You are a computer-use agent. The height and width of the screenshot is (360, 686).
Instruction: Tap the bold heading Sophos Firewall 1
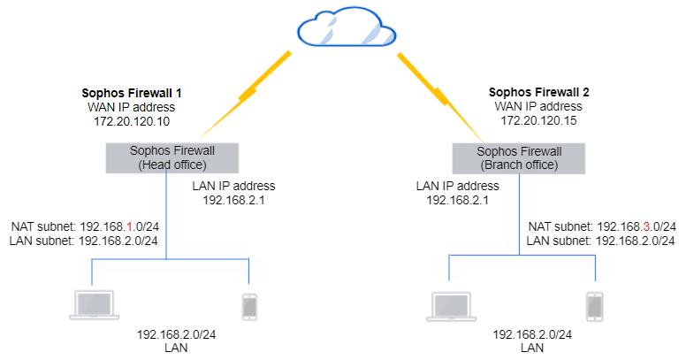(x=137, y=92)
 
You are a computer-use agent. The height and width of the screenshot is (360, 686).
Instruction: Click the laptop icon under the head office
(x=93, y=303)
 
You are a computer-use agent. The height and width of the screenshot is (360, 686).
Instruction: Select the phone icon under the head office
(x=249, y=306)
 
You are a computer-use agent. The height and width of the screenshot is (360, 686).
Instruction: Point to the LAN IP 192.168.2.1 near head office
(x=233, y=201)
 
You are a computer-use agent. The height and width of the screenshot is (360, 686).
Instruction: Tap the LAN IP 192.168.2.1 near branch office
(x=457, y=201)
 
